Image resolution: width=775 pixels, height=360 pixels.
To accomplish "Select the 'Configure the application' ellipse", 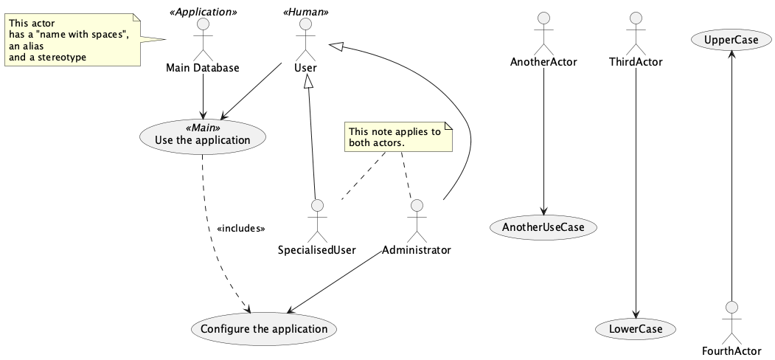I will tap(263, 329).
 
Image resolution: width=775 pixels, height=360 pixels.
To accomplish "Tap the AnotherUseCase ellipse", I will tap(543, 227).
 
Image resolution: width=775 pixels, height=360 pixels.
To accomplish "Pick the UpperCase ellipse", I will tap(730, 40).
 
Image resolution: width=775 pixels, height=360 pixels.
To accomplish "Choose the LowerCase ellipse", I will tap(636, 329).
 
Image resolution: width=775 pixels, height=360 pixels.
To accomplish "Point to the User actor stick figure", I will tap(300, 38).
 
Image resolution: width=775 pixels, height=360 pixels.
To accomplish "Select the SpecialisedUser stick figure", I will tap(317, 220).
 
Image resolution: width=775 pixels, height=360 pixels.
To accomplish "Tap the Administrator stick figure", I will tap(417, 220).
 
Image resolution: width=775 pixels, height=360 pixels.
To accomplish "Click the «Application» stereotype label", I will tap(203, 13).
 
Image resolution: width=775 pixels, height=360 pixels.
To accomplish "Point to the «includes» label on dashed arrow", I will tap(241, 229).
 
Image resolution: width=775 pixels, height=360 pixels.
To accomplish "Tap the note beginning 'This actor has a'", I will tap(72, 40).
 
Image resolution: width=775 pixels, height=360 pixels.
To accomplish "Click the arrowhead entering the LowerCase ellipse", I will tap(636, 314).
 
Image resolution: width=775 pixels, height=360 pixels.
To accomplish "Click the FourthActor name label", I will tap(730, 350).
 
